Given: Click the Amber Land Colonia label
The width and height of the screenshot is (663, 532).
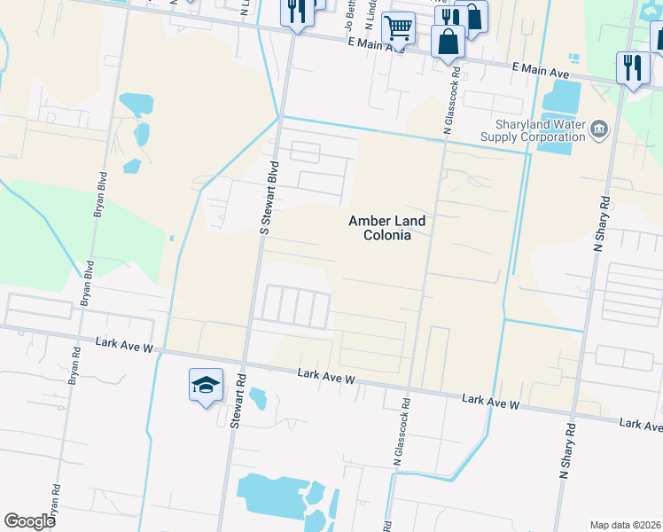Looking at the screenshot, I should coord(379,228).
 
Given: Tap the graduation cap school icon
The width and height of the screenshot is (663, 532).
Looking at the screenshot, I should coord(206,386).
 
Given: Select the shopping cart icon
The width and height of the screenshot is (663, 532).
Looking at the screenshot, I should coord(398,28).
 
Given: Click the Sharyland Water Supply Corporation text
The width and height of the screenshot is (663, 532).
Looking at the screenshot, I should coord(533,130).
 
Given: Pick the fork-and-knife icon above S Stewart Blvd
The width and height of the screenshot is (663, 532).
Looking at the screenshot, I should coord(295,12).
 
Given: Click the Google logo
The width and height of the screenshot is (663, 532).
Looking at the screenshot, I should coord(30,521).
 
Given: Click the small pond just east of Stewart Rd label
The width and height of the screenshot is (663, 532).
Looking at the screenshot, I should coord(258,400).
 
